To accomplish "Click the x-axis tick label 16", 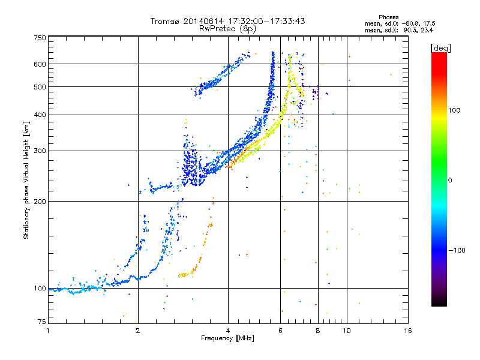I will coord(408,330).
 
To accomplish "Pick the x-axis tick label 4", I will coord(228,330).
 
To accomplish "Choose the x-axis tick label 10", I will coord(346,330).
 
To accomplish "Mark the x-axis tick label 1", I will coord(48,330).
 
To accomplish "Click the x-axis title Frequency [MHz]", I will coord(227,339).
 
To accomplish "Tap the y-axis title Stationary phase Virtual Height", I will coord(26,180).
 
